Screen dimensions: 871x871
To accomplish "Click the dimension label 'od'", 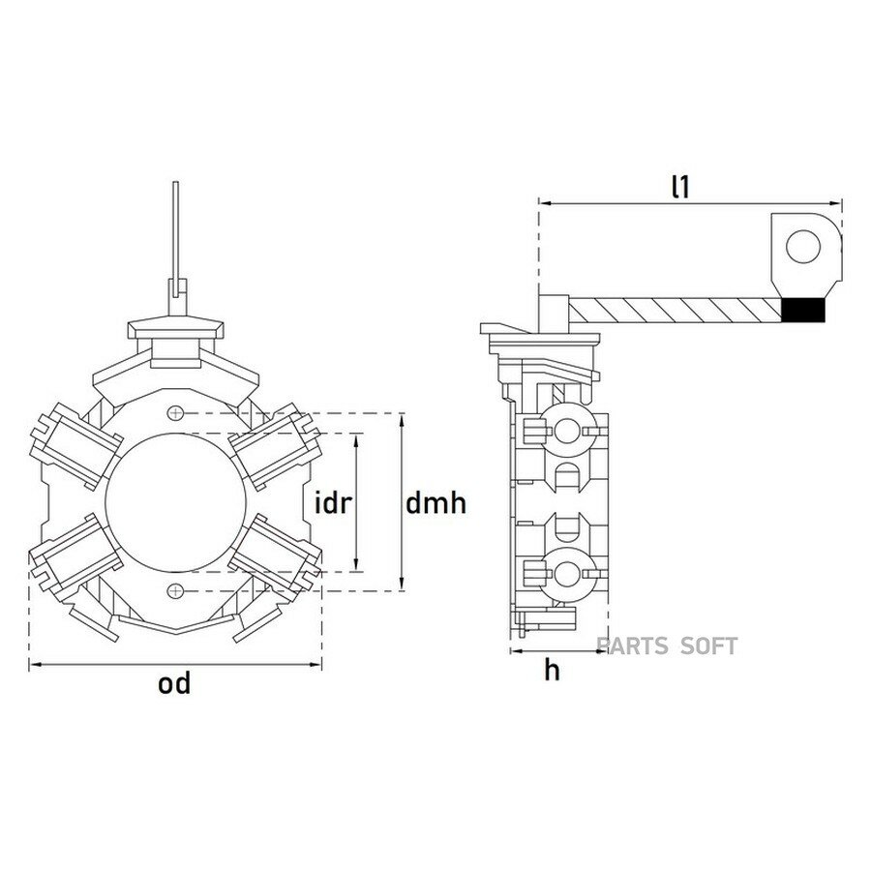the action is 174,683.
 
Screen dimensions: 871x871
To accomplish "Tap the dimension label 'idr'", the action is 333,503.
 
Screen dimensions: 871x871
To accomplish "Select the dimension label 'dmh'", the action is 436,503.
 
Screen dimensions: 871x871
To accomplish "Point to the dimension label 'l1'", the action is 680,187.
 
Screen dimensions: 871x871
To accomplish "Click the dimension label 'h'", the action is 553,671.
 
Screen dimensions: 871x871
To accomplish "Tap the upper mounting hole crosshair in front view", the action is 175,412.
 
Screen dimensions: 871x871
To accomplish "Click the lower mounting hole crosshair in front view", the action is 175,590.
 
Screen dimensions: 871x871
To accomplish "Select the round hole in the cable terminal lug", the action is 803,246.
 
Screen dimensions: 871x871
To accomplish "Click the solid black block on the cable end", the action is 803,310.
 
